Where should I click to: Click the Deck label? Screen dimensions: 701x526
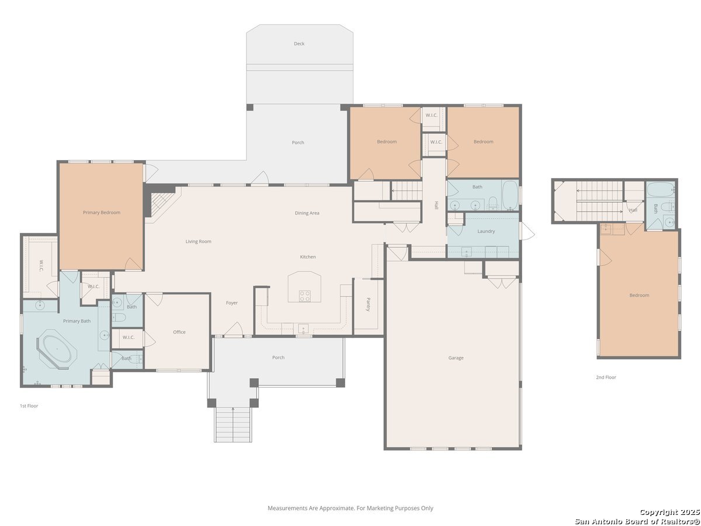299,44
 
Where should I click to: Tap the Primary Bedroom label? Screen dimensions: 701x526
102,212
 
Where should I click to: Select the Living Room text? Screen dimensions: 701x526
198,241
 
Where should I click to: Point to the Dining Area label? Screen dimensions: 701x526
307,213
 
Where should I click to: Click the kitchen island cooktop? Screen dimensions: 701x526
305,296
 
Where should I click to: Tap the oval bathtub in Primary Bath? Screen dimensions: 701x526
57,349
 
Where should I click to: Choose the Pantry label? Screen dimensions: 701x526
368,304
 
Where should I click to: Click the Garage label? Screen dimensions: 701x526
456,358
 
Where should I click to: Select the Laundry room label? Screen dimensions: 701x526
486,231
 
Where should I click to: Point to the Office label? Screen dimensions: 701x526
179,332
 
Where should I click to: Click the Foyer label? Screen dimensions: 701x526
232,303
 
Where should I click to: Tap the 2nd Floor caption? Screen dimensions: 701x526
606,377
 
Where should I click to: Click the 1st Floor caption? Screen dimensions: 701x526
29,406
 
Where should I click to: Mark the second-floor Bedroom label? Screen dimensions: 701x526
639,295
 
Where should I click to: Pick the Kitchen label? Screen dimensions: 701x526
308,257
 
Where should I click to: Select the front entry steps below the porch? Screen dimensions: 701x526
233,425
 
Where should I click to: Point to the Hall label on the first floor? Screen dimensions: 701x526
436,205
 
